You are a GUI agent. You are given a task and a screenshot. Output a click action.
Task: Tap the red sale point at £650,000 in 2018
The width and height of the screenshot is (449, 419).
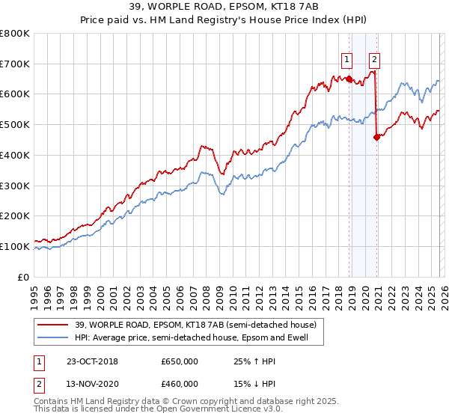pos(349,79)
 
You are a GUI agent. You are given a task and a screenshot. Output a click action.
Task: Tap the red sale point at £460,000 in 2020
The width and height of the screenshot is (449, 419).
pos(376,136)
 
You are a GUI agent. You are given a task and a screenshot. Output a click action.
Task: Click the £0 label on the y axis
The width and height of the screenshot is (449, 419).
pos(24,277)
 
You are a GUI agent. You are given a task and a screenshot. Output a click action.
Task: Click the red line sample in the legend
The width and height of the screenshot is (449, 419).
pos(53,325)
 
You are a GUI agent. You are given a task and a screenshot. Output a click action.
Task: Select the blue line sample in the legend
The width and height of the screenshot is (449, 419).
pos(53,338)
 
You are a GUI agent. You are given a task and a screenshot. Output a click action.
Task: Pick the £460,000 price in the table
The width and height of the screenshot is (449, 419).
pos(179,384)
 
